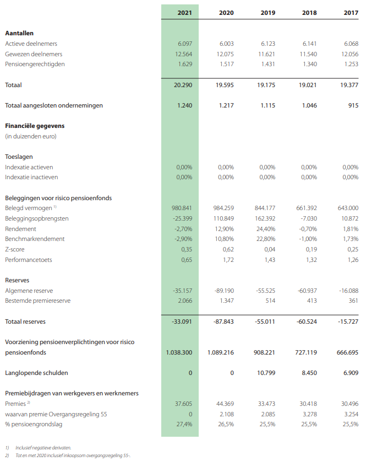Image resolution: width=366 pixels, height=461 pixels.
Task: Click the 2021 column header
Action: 185,12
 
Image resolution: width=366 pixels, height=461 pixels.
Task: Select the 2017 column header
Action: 350,12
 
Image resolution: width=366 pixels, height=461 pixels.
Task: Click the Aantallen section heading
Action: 20,33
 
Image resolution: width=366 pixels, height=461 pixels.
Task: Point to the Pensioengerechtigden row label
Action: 35,64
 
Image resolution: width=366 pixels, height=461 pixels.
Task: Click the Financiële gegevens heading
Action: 32,126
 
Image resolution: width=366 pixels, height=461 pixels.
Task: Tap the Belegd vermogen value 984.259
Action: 223,208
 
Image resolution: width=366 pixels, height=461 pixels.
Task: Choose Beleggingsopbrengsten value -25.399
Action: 182,218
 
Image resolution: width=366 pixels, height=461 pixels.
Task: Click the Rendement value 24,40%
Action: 265,229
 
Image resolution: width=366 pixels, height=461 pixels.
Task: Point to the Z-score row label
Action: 17,249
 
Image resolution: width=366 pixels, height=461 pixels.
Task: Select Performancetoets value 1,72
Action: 228,260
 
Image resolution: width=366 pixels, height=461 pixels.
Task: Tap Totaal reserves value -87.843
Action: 223,321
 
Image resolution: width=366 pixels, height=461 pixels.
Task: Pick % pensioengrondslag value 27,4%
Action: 184,424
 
